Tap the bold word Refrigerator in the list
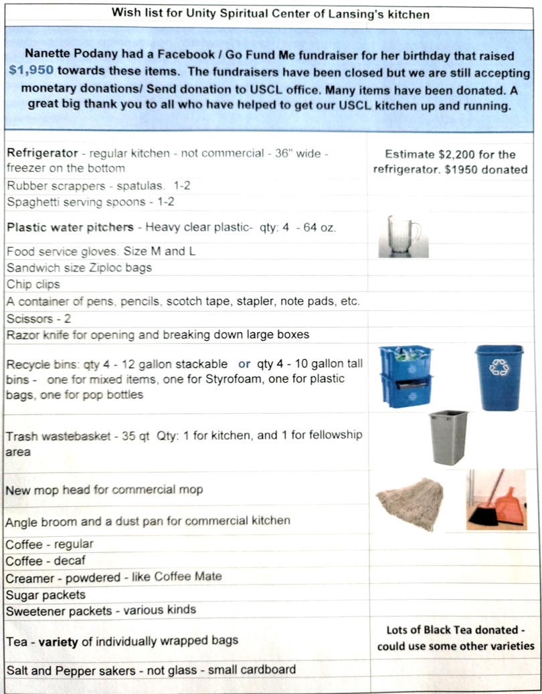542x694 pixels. click(42, 153)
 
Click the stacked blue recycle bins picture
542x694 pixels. click(405, 376)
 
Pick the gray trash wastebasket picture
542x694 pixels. click(448, 437)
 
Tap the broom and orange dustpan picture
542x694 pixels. click(496, 499)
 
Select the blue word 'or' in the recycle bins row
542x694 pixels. click(244, 364)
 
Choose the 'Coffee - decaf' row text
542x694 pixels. click(46, 560)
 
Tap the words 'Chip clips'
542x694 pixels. click(33, 284)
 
